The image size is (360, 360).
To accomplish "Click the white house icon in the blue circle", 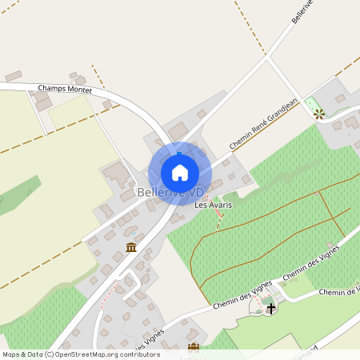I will tap(180, 172).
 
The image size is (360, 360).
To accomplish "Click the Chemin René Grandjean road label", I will tap(264, 123).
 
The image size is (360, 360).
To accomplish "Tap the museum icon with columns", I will tap(130, 247).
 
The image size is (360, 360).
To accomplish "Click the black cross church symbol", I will tap(271, 307).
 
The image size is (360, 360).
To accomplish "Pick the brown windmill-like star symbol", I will tap(320, 113).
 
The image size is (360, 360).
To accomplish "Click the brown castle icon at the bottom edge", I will tap(193, 347).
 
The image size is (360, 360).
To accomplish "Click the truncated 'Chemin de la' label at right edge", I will tap(339, 292).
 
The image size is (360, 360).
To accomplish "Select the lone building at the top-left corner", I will tap(14, 76).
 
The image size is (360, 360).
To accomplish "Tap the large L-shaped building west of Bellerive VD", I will tap(118, 174).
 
